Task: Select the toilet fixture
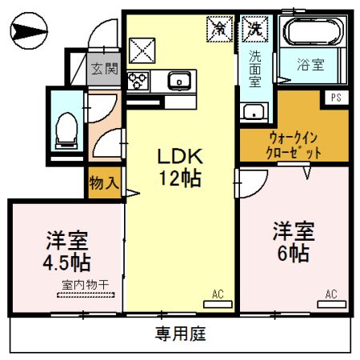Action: click(x=65, y=129)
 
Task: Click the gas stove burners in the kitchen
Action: click(x=135, y=80)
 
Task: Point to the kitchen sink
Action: click(x=178, y=79)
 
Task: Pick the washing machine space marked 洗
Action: click(x=254, y=28)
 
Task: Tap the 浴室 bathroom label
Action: click(x=311, y=65)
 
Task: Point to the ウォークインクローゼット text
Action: click(x=294, y=145)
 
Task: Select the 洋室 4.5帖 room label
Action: click(x=66, y=250)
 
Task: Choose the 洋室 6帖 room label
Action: click(x=292, y=242)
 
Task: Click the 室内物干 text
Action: click(x=85, y=285)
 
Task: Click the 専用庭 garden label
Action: click(x=181, y=334)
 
